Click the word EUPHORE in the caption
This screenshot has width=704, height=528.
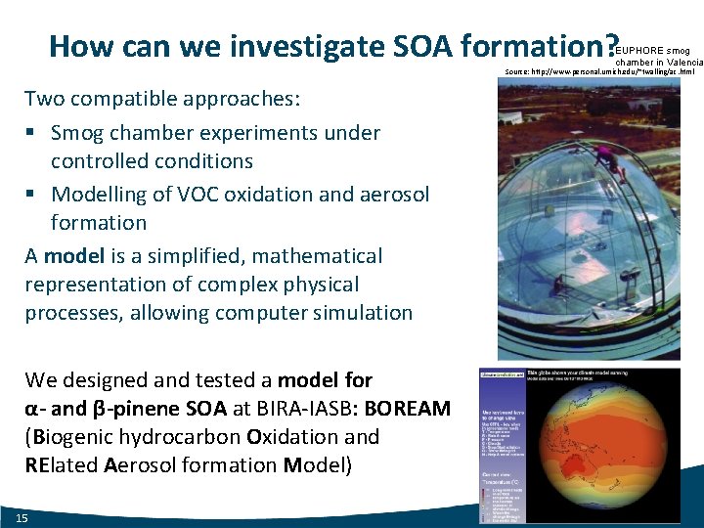pyautogui.click(x=641, y=49)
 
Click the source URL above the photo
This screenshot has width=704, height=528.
pyautogui.click(x=599, y=72)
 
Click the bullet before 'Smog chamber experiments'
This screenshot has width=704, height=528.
pyautogui.click(x=32, y=133)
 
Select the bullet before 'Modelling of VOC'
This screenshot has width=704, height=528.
pyautogui.click(x=32, y=195)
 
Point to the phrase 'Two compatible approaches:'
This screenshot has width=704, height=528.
pyautogui.click(x=162, y=99)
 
